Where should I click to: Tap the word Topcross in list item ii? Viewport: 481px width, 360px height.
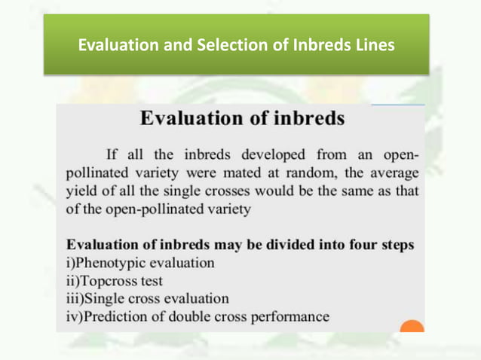point(105,281)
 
